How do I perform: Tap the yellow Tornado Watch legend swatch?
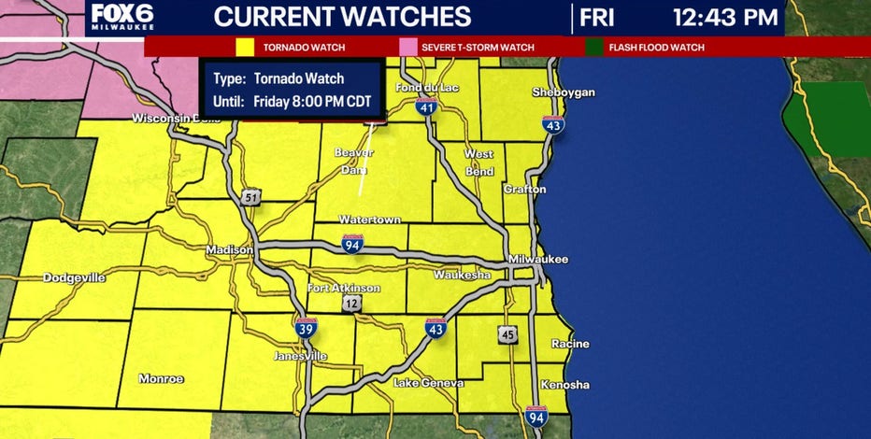click(x=246, y=46)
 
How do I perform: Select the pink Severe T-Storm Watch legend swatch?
click(x=407, y=46)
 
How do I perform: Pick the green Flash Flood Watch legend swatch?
click(x=595, y=46)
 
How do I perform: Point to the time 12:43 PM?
click(x=724, y=17)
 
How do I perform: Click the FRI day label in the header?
click(x=599, y=17)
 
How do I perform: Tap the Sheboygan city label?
click(x=563, y=92)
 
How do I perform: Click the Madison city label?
click(x=229, y=250)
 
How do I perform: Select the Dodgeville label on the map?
click(x=74, y=278)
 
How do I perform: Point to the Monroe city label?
click(x=161, y=378)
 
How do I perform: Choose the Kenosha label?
click(x=564, y=385)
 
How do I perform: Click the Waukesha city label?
click(x=462, y=276)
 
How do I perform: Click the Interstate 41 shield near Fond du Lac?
click(x=427, y=108)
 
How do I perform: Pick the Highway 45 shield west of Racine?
click(x=507, y=335)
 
